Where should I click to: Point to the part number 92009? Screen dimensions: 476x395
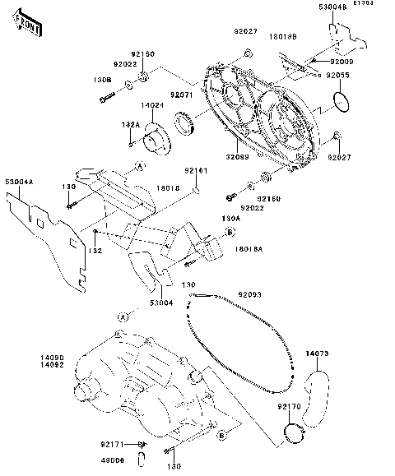(x=342, y=61)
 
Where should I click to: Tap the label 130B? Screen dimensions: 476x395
(x=102, y=80)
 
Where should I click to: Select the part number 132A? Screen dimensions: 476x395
(x=132, y=124)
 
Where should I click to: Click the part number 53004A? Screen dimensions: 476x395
(x=20, y=182)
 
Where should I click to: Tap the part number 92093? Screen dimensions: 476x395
(x=249, y=293)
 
